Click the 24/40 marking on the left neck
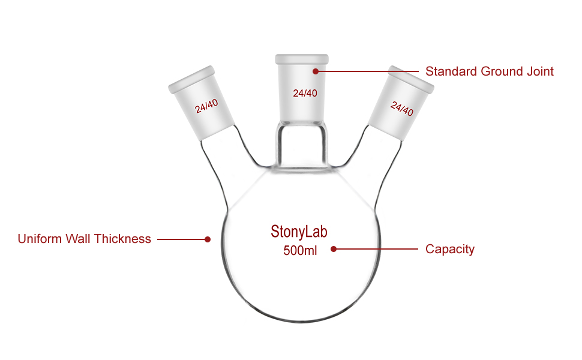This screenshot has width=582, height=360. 206,106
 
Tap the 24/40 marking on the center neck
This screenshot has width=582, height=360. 305,93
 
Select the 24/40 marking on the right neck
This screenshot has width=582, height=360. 402,109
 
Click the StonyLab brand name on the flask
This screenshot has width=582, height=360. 299,232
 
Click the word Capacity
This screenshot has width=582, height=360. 449,249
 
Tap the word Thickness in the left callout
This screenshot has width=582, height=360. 124,239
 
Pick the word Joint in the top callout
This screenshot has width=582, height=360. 539,71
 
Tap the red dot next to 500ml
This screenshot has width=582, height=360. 334,248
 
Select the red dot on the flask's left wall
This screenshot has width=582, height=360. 208,239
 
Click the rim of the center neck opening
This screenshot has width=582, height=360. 302,59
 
